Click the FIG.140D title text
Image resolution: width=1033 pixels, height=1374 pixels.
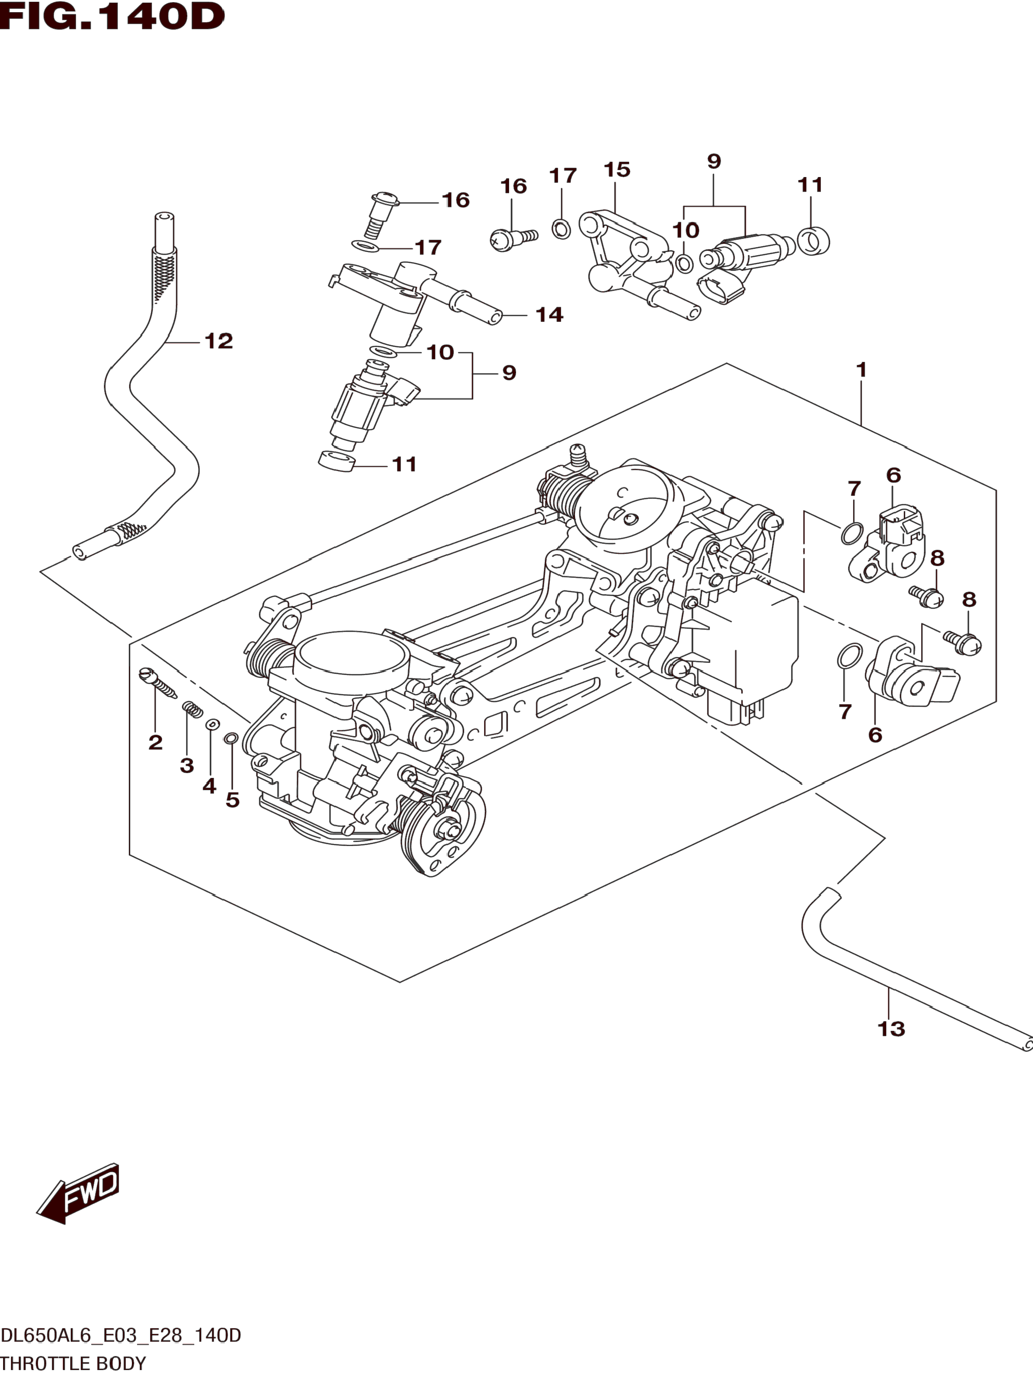[x=112, y=17]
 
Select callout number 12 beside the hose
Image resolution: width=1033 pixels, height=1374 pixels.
[x=219, y=341]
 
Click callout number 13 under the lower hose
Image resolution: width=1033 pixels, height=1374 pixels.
[x=891, y=1029]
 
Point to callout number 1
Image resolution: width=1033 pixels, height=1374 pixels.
[x=861, y=370]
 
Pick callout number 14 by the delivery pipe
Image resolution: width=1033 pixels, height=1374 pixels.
[x=549, y=315]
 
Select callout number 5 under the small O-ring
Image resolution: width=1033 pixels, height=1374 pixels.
[x=232, y=800]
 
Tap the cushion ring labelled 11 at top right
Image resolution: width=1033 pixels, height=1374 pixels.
[x=813, y=241]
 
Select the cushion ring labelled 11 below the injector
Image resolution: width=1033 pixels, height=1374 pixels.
[x=336, y=461]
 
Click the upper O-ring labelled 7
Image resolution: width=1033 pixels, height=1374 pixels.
[x=852, y=533]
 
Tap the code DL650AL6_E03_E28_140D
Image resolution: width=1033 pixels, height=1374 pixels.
[x=121, y=1335]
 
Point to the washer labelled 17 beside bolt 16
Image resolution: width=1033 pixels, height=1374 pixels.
[x=366, y=246]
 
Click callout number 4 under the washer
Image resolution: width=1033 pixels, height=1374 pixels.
[x=209, y=787]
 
